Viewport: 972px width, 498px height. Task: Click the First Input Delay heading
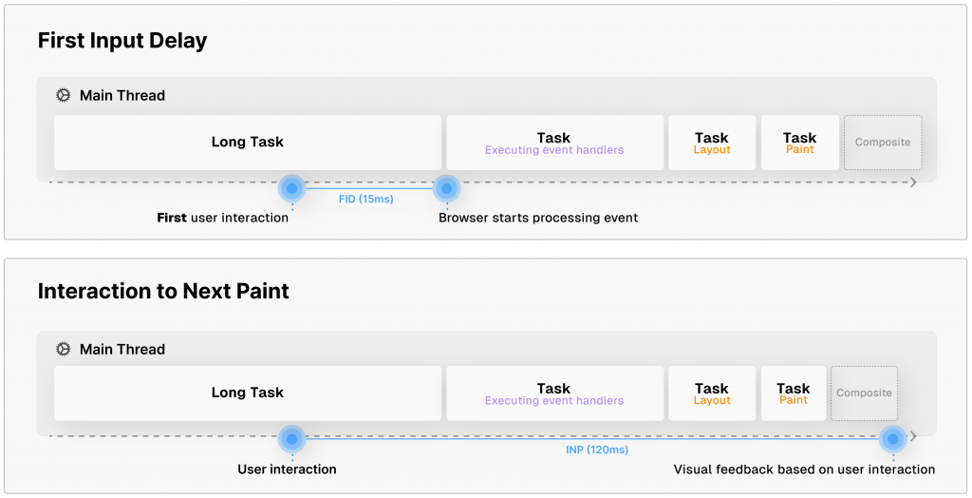(121, 41)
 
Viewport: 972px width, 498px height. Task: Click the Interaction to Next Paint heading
(163, 292)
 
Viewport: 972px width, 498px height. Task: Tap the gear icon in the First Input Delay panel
(64, 95)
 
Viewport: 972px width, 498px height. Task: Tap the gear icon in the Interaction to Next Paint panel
(64, 349)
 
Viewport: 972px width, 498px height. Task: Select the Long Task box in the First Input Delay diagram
(248, 143)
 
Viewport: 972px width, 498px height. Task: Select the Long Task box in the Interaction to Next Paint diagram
(248, 393)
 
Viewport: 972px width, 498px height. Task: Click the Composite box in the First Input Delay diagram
(883, 143)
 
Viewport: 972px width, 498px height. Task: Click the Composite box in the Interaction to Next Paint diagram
(864, 393)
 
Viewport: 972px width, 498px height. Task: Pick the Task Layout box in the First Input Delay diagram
(712, 143)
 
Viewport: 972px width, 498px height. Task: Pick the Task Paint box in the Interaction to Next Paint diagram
(794, 393)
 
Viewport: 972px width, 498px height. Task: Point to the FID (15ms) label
(365, 200)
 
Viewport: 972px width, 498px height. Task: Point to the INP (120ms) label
(590, 450)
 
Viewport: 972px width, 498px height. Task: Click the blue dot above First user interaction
(292, 188)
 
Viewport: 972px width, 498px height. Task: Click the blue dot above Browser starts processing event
(446, 188)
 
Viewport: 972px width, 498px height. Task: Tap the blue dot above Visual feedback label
(892, 439)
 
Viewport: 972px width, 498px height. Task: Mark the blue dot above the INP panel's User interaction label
(292, 439)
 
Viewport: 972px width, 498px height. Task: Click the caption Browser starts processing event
(538, 218)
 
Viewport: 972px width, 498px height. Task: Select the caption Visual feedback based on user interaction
(804, 469)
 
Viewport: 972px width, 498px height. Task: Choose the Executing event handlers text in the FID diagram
(554, 150)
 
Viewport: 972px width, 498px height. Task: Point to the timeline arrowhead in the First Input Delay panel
(913, 182)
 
